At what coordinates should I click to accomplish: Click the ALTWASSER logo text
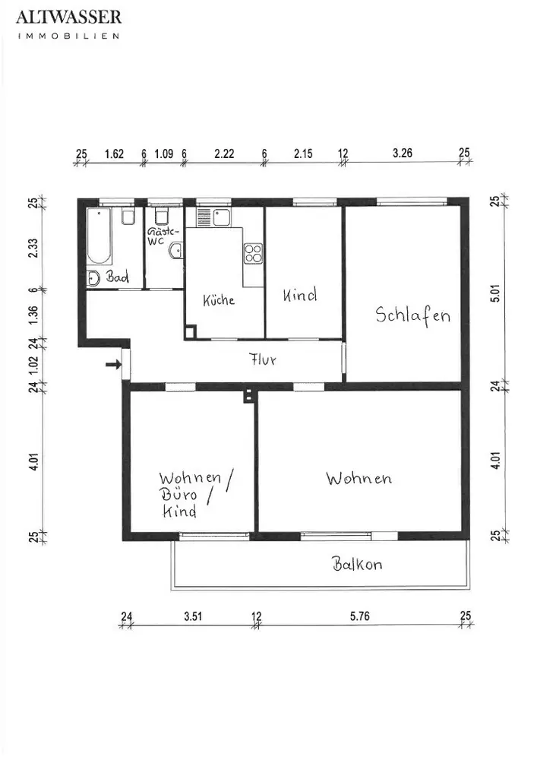(x=69, y=17)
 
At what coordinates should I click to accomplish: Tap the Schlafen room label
(x=413, y=315)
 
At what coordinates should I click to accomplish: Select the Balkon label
(x=357, y=564)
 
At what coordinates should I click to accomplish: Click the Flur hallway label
(x=263, y=359)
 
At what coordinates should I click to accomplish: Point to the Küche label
(x=219, y=300)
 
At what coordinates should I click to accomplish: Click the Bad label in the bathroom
(x=118, y=277)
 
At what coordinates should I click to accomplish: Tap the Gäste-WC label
(x=161, y=236)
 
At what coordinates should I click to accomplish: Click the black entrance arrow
(x=113, y=365)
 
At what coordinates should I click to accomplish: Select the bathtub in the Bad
(x=100, y=236)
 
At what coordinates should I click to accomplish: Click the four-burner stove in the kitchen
(x=253, y=253)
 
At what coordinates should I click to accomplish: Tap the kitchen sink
(x=223, y=217)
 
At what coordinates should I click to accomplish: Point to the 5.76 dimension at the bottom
(x=360, y=616)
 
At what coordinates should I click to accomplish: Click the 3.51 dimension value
(x=193, y=616)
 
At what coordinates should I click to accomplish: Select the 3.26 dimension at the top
(x=403, y=154)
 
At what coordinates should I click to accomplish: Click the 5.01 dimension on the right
(x=494, y=293)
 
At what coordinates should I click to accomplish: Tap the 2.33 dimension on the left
(x=33, y=249)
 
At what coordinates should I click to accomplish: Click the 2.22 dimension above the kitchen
(x=224, y=154)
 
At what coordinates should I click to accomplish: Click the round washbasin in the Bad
(x=93, y=278)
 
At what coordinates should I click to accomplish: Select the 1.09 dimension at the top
(x=163, y=154)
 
